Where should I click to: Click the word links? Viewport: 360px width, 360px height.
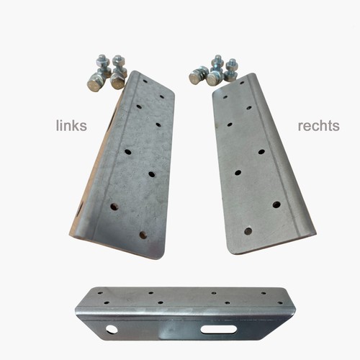tap(71, 125)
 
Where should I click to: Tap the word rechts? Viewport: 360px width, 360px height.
tap(318, 126)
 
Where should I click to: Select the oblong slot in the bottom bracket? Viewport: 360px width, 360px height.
tap(218, 330)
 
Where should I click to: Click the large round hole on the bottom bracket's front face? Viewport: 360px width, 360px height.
tap(112, 329)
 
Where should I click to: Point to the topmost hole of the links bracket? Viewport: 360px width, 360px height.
tap(145, 81)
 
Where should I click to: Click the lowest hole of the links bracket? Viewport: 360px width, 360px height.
tap(143, 235)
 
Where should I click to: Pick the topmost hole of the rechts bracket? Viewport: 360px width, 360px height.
tap(242, 83)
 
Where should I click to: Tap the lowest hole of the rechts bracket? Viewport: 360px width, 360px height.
tap(248, 231)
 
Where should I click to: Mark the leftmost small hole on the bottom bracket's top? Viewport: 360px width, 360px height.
tap(100, 293)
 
